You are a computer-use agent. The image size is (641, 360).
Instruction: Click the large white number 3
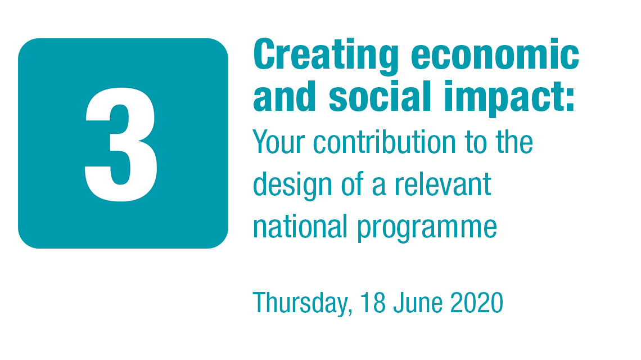121,145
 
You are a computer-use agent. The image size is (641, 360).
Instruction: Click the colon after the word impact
570,101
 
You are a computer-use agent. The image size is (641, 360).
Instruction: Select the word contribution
384,142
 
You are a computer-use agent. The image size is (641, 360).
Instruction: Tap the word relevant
443,184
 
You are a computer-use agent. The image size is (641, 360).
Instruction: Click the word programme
427,228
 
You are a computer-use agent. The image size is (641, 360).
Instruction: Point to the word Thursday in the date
300,303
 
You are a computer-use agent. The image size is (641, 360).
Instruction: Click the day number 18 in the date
373,302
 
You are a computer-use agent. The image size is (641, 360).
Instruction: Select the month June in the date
418,302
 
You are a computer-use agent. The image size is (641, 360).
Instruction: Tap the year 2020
477,302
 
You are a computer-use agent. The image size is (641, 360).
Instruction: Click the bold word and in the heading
285,96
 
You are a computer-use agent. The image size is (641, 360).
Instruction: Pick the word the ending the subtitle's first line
514,142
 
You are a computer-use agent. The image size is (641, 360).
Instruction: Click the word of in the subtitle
353,184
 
